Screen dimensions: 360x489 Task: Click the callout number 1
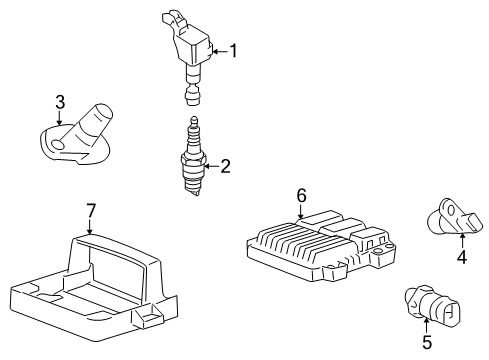234,50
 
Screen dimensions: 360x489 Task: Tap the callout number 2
225,166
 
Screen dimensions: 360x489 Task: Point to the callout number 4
462,256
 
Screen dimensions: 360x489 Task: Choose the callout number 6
300,197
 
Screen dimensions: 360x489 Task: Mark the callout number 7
90,210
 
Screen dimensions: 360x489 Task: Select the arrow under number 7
90,226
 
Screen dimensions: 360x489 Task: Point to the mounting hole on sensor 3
56,144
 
